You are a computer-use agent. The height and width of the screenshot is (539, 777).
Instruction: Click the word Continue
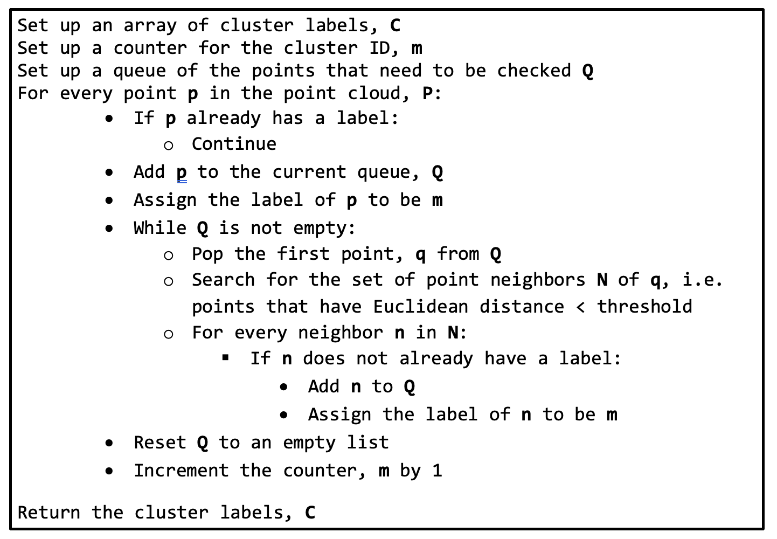pos(234,144)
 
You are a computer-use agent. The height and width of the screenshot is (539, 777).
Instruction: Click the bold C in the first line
pos(396,25)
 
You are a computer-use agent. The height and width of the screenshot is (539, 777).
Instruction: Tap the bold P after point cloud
pos(427,93)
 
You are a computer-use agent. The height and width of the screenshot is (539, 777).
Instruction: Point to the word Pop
pos(207,254)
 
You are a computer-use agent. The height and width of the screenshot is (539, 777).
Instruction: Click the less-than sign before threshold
pos(580,307)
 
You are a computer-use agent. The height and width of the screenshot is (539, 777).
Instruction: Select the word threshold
pos(644,307)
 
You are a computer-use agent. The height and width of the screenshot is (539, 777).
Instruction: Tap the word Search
pos(223,280)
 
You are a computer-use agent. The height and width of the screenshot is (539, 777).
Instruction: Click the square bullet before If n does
pos(226,357)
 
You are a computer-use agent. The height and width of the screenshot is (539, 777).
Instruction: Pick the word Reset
pos(160,443)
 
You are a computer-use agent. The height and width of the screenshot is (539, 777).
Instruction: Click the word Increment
pos(181,471)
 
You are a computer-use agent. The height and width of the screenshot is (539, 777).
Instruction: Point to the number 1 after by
pos(438,471)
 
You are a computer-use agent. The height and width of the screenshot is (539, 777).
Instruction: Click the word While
pos(160,228)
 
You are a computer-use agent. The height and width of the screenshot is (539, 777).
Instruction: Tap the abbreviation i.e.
pos(703,280)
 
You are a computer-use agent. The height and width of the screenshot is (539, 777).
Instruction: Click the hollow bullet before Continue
pos(169,145)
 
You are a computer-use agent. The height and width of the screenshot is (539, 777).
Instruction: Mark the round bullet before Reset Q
pos(109,444)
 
